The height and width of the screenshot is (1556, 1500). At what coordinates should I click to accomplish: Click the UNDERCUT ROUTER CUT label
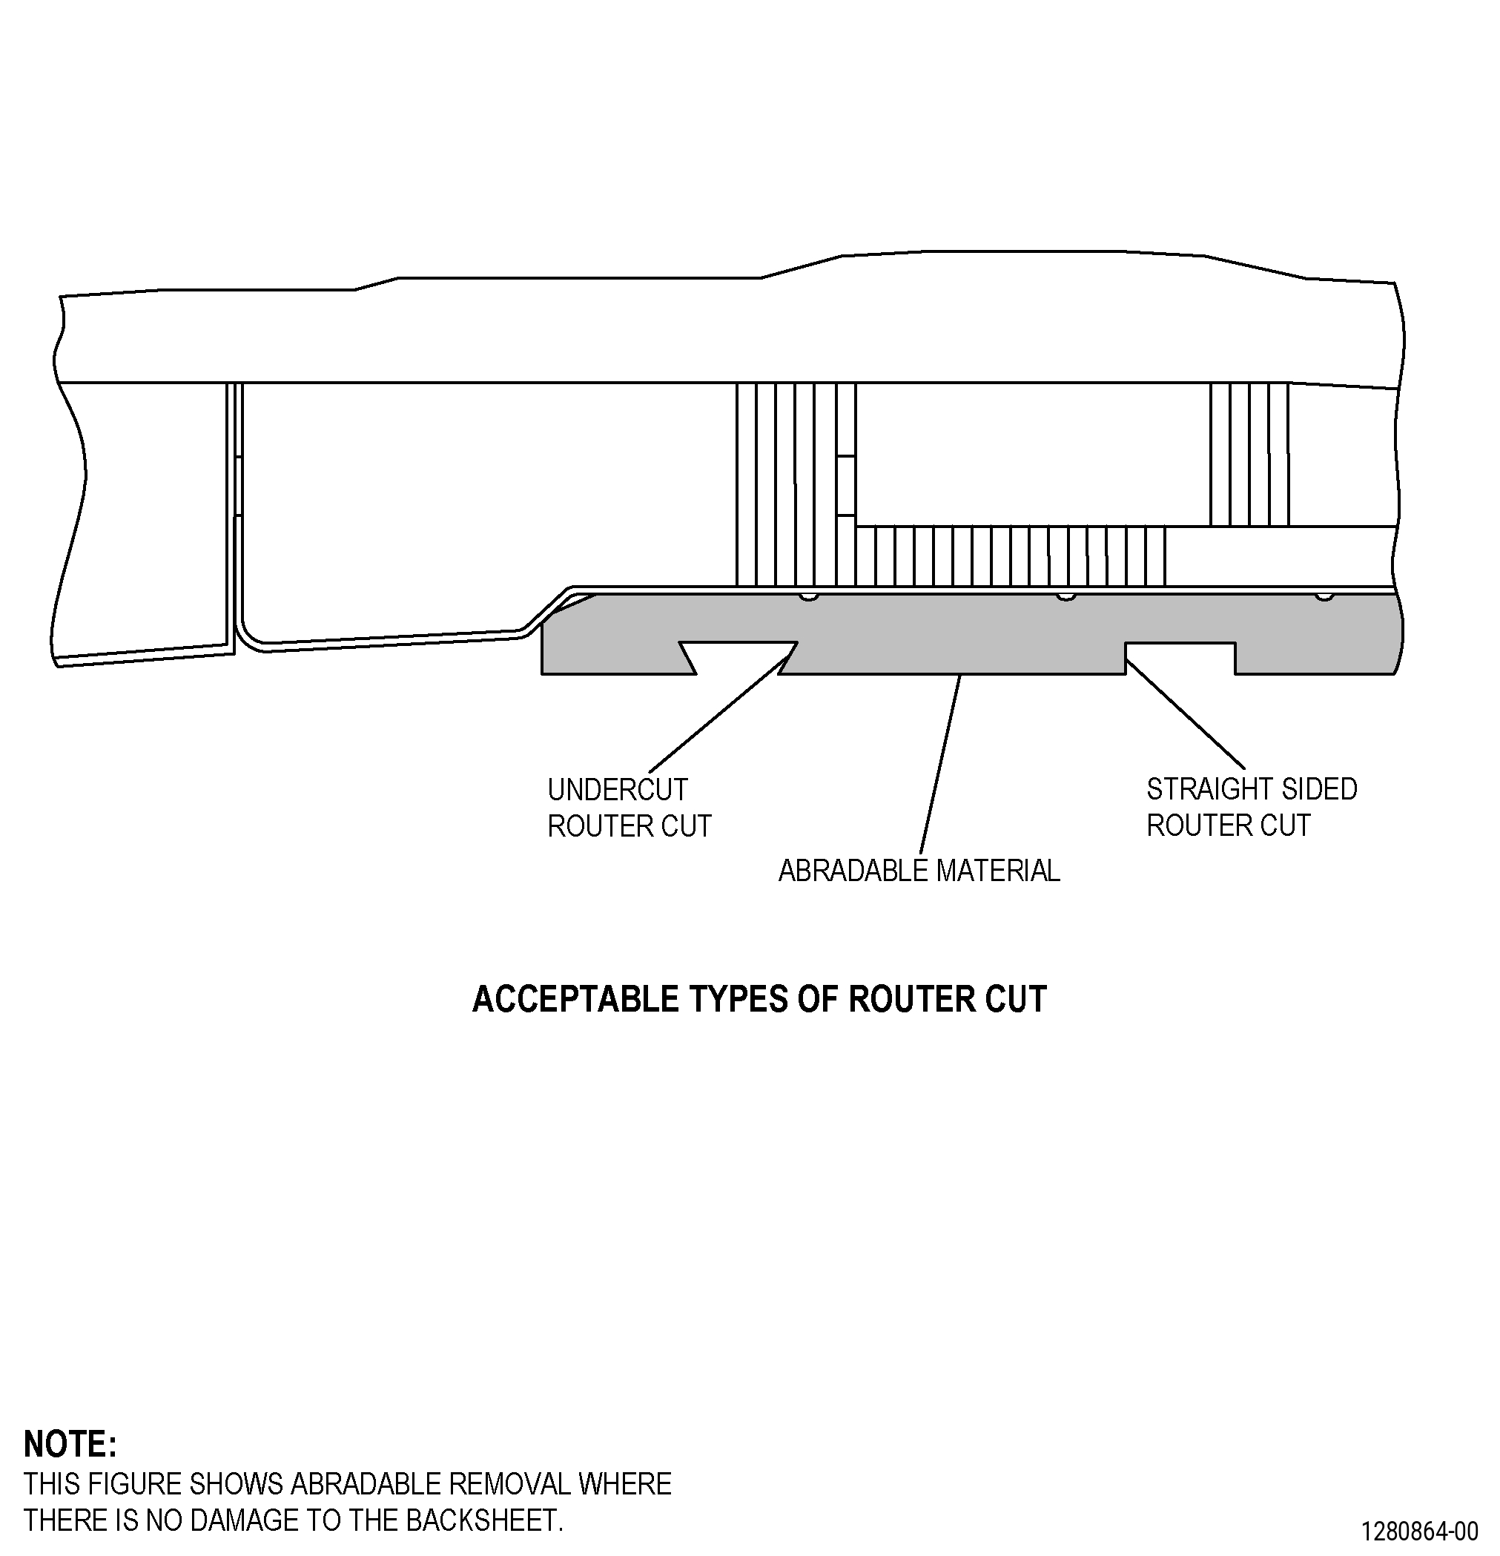(630, 808)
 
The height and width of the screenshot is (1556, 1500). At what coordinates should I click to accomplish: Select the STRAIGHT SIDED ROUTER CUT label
(1252, 808)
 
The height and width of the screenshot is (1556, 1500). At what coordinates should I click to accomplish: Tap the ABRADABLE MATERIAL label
(919, 871)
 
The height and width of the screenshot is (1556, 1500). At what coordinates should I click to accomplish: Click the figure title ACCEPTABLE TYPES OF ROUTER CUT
(759, 999)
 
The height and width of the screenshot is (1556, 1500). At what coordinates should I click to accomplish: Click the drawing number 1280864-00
(1420, 1532)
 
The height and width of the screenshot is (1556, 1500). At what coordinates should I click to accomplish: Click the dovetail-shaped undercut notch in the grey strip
(737, 657)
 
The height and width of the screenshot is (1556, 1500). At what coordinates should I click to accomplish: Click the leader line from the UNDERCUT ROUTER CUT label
(722, 708)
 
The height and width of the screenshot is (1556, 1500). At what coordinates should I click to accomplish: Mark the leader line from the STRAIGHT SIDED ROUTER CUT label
(1185, 714)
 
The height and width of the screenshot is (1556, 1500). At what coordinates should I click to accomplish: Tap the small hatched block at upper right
(1249, 454)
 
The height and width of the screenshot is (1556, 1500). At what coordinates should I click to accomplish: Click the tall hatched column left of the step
(796, 485)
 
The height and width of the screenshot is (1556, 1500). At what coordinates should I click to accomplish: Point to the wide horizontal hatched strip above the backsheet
(1011, 556)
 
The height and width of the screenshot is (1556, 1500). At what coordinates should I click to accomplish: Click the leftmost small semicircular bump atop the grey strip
(808, 596)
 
